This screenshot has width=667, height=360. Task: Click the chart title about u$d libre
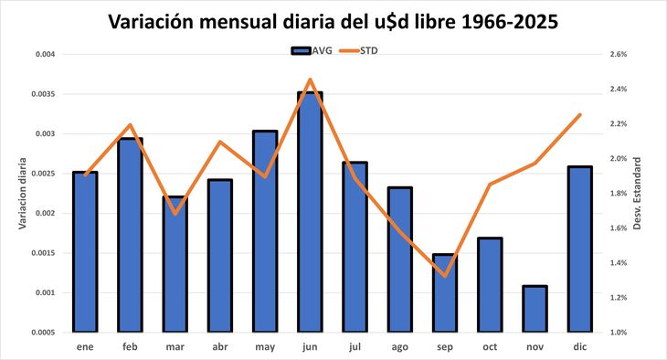click(333, 21)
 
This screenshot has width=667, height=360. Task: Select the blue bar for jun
click(310, 211)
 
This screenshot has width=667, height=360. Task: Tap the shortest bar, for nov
click(535, 309)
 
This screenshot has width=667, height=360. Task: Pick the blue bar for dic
click(579, 249)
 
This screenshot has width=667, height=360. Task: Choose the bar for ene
click(85, 251)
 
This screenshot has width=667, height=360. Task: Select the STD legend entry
click(363, 50)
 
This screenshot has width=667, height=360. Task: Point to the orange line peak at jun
click(310, 79)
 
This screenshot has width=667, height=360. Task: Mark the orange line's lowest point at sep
click(444, 275)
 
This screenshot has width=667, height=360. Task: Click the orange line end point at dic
click(579, 115)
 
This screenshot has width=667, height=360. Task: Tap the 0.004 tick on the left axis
click(43, 55)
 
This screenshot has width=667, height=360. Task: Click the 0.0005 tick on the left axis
click(41, 333)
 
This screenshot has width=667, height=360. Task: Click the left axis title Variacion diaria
click(23, 194)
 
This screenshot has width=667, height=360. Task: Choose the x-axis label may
click(265, 348)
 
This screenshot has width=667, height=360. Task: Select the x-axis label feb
click(130, 348)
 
